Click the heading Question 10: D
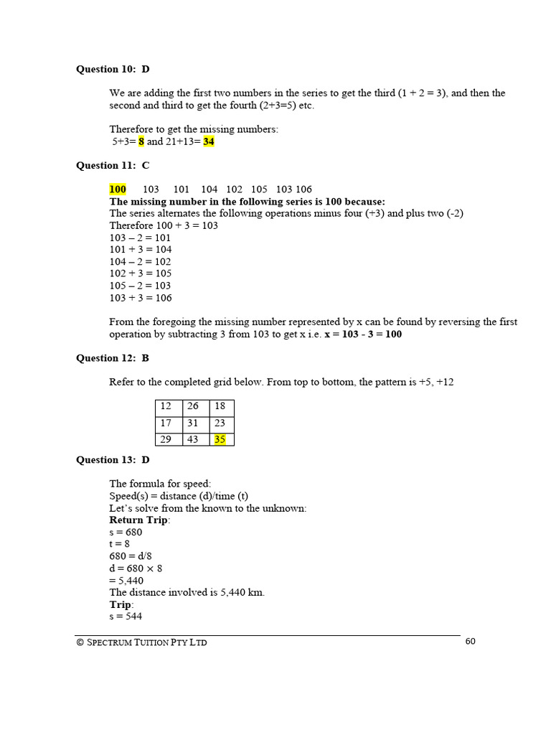point(113,69)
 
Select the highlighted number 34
point(209,141)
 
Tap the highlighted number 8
point(141,141)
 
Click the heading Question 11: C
point(113,165)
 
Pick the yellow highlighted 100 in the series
point(118,189)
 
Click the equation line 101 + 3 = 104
point(140,249)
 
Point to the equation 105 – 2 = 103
point(140,285)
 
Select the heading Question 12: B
point(113,357)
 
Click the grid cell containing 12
point(169,406)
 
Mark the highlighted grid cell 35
point(220,439)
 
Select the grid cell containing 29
point(169,439)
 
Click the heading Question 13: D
point(113,459)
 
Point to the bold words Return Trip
point(139,520)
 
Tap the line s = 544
point(126,616)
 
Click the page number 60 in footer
point(470,642)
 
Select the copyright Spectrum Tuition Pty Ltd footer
point(141,642)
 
